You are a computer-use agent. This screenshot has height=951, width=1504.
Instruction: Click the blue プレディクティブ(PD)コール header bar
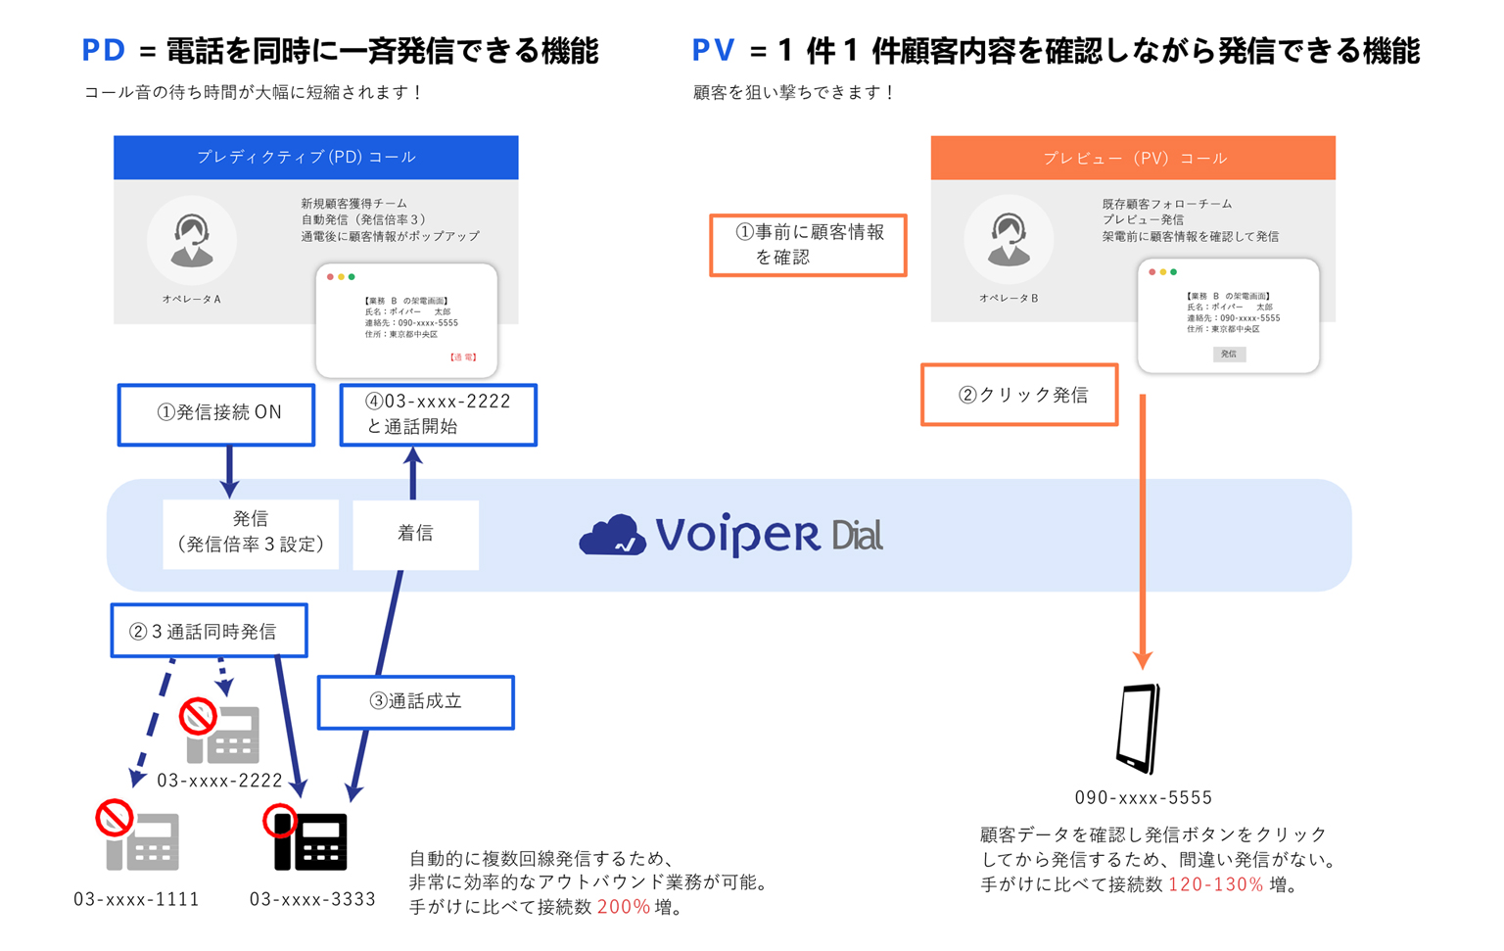coord(315,158)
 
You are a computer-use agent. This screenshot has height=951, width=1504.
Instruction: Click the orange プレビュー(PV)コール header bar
coord(1133,158)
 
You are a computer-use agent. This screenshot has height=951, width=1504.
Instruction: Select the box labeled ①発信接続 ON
coord(216,414)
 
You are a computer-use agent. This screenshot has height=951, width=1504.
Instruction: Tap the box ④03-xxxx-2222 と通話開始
coord(438,414)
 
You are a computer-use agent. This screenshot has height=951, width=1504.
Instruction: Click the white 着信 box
coord(415,534)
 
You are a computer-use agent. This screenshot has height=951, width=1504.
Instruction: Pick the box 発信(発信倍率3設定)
coord(251,533)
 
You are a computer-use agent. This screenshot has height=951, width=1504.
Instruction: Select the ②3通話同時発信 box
coord(209,631)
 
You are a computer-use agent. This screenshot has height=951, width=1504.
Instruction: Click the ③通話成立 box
coord(415,702)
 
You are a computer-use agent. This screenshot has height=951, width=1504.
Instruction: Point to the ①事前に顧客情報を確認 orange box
coord(808,245)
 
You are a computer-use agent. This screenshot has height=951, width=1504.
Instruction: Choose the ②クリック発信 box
coord(1019,395)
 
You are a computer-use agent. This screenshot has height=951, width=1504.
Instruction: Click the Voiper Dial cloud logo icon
coord(613,536)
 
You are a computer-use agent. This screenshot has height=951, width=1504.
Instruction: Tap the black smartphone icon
coord(1139,729)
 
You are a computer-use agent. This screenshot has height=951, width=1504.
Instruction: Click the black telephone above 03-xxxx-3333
coord(310,841)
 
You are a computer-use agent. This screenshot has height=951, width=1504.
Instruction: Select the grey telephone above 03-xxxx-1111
coord(142,841)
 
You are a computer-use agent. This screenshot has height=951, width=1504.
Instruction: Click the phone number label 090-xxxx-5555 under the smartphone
coord(1143,797)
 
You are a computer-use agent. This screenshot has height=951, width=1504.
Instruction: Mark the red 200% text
coord(624,907)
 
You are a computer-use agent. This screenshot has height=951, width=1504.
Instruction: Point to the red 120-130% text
coord(1215,884)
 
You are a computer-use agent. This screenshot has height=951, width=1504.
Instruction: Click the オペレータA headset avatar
coord(192,240)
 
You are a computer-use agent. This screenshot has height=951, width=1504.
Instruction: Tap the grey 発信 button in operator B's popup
coord(1229,354)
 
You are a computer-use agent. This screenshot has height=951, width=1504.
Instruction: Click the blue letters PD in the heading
coord(104,50)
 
